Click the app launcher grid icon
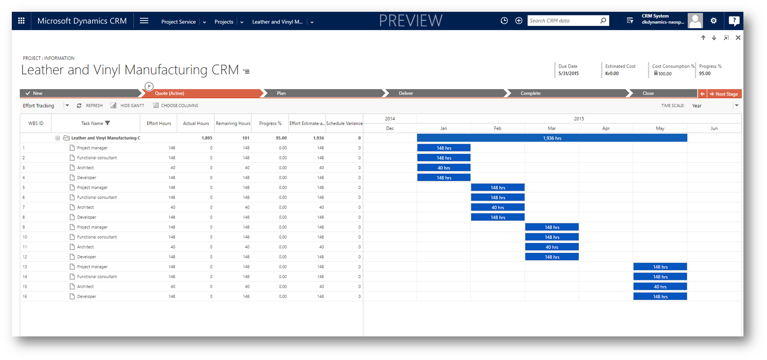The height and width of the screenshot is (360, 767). point(21,21)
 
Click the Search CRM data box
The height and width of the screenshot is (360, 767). point(563,21)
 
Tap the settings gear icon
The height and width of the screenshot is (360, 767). point(713,21)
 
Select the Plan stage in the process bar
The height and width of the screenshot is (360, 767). point(281,93)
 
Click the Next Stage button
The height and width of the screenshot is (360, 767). point(724,94)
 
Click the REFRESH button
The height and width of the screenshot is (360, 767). point(90,105)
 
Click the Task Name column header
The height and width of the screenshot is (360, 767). point(92,123)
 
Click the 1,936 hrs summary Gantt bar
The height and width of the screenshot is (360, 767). point(552,138)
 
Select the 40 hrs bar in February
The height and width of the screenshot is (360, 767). point(498,207)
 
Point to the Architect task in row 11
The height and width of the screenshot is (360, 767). point(85,247)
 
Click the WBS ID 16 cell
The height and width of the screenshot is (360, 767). point(25,296)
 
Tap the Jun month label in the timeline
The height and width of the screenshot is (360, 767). point(714,128)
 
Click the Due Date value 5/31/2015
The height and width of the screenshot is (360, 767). point(568,73)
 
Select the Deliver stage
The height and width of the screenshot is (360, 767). point(406,93)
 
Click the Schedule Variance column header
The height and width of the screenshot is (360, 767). point(344,123)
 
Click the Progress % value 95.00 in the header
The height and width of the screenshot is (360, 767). point(705,73)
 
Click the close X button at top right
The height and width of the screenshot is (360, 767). point(738,38)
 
